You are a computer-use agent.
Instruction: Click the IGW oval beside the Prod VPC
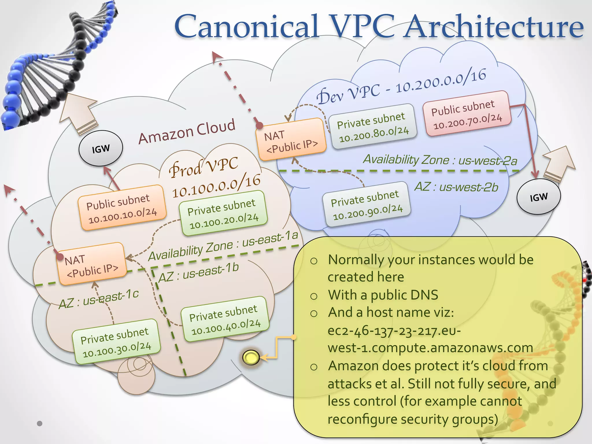(x=101, y=149)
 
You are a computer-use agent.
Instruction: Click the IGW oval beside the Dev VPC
(x=539, y=197)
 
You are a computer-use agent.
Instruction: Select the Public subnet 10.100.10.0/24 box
(x=122, y=208)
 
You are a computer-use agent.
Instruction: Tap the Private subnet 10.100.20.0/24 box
(x=223, y=213)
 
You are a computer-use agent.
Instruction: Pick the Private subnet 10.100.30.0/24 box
(x=116, y=342)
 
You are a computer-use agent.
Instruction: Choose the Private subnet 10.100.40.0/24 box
(x=225, y=319)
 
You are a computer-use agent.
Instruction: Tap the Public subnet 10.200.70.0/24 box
(x=467, y=114)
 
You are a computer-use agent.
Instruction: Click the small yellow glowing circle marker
(x=251, y=357)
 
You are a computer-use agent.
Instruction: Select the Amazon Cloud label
(x=187, y=132)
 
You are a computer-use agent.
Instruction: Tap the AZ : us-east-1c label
(x=99, y=299)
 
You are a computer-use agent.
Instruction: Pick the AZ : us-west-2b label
(x=456, y=187)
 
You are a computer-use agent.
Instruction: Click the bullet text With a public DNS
(x=383, y=295)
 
